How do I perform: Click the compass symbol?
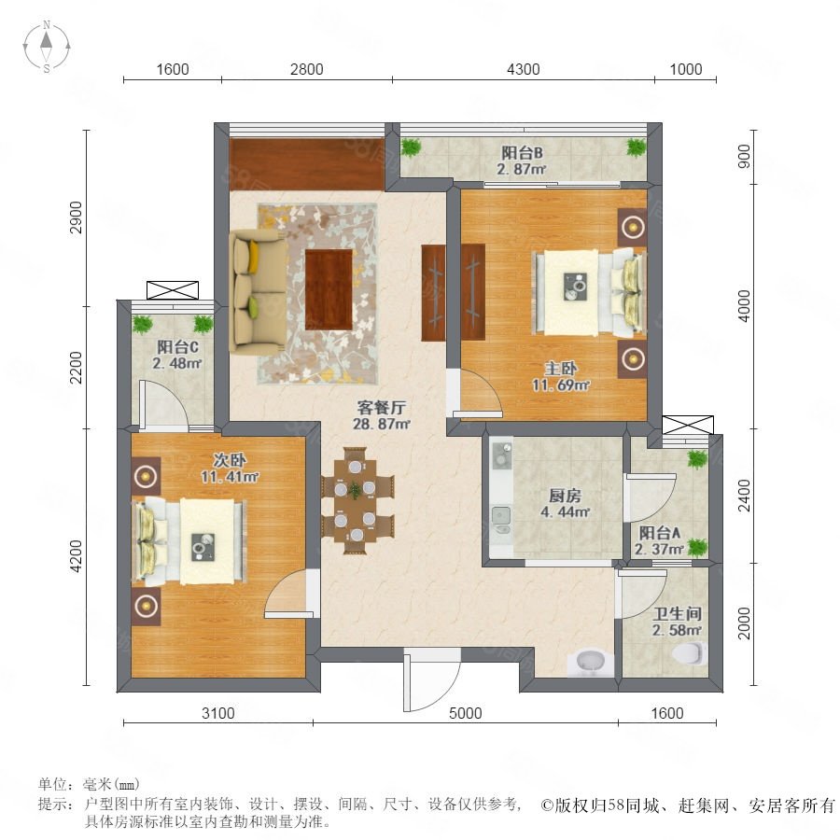pos(47,47)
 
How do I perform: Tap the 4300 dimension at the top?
pos(524,69)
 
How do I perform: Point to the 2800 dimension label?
pos(306,69)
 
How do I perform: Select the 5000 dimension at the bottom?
pos(465,713)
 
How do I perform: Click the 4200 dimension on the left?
pos(77,556)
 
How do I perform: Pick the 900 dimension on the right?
pos(745,157)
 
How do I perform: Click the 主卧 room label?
pos(560,369)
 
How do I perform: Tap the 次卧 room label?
pos(230,459)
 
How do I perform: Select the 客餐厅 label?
pos(382,408)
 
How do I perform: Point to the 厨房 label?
pos(565,496)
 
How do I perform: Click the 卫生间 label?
pos(677,614)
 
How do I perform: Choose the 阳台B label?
pos(522,153)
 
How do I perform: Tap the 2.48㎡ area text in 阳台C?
pos(176,363)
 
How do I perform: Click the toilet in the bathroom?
pos(690,653)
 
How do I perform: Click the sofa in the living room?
pos(258,291)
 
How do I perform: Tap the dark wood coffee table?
pos(329,289)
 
